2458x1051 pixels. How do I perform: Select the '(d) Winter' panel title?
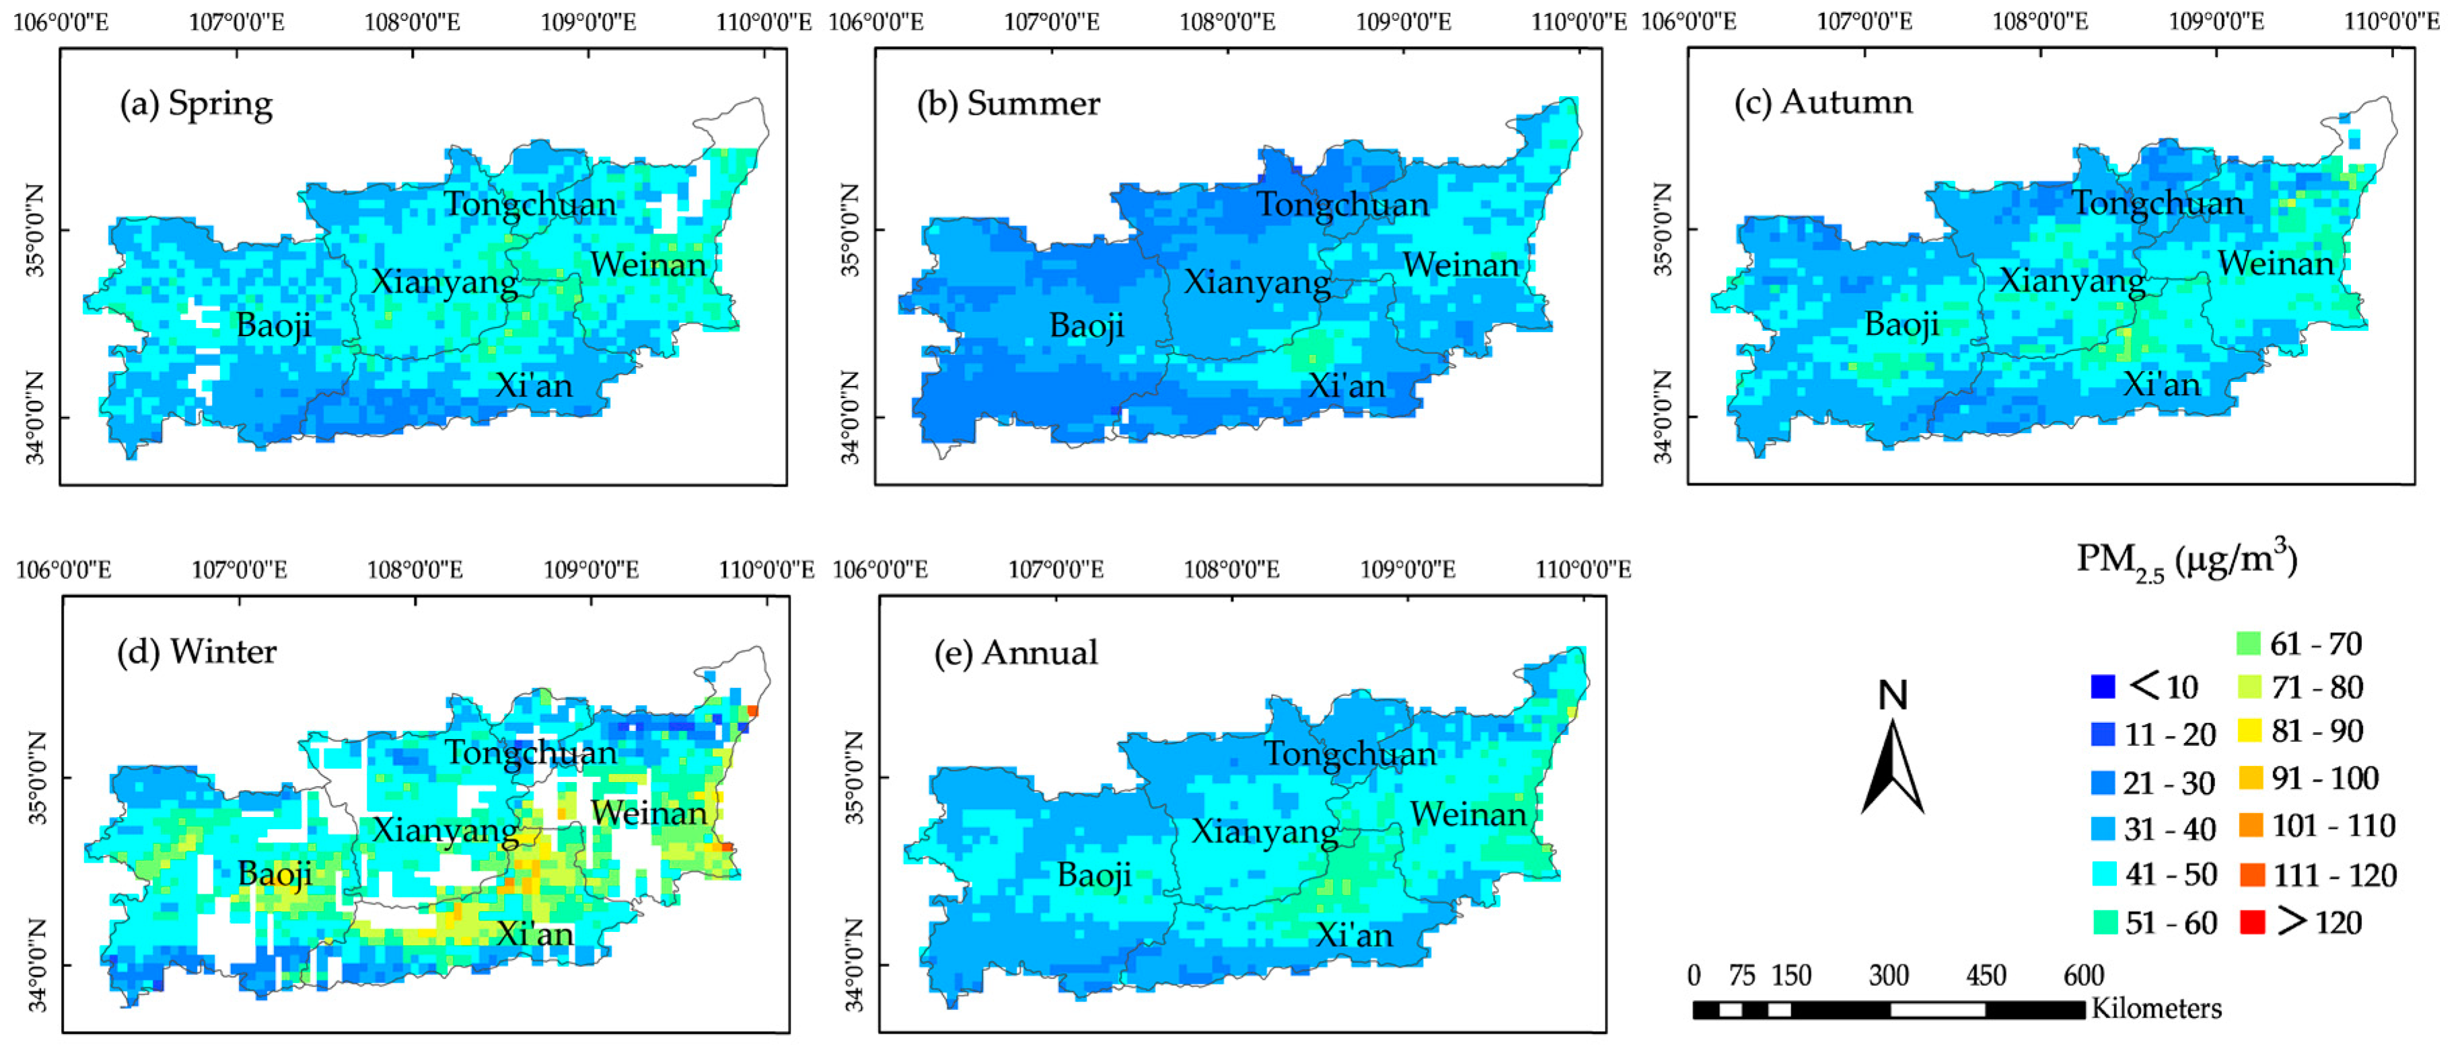(x=196, y=652)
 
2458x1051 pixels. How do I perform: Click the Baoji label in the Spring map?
(x=273, y=325)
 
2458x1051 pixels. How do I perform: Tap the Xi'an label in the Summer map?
(x=1346, y=385)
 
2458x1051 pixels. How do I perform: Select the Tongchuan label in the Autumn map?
(x=2157, y=203)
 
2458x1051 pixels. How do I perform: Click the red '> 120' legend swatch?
(x=2252, y=923)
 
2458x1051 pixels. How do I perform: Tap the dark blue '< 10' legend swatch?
(x=2102, y=687)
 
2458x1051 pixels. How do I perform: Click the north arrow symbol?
(x=1892, y=769)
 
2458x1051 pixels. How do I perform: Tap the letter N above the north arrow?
(x=1892, y=695)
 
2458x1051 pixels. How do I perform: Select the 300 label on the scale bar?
(x=1888, y=976)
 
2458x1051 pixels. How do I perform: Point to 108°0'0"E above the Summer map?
(x=1227, y=21)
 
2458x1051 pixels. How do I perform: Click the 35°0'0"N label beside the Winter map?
(x=35, y=777)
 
